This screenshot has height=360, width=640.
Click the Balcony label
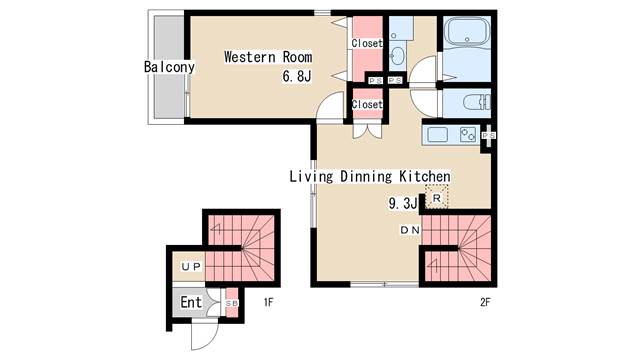click(x=169, y=67)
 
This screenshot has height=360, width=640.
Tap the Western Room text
click(x=268, y=57)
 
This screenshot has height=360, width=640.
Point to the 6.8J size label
click(x=297, y=76)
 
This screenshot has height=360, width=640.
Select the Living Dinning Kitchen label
click(x=370, y=176)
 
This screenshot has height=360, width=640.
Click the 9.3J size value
click(x=402, y=203)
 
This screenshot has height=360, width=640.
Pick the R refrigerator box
click(x=436, y=197)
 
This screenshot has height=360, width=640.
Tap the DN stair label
click(x=410, y=230)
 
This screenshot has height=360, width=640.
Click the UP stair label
click(x=191, y=267)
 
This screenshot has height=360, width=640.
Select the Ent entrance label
click(x=191, y=302)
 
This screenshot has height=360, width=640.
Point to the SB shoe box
click(x=232, y=303)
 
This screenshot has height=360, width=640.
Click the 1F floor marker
click(x=268, y=302)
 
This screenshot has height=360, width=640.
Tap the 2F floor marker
click(x=485, y=302)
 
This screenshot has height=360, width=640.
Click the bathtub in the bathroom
click(x=467, y=33)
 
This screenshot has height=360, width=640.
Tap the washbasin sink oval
click(x=397, y=55)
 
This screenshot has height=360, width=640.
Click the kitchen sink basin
click(x=437, y=134)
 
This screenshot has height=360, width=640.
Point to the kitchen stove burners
click(x=468, y=134)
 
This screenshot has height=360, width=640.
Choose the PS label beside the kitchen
click(x=489, y=135)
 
